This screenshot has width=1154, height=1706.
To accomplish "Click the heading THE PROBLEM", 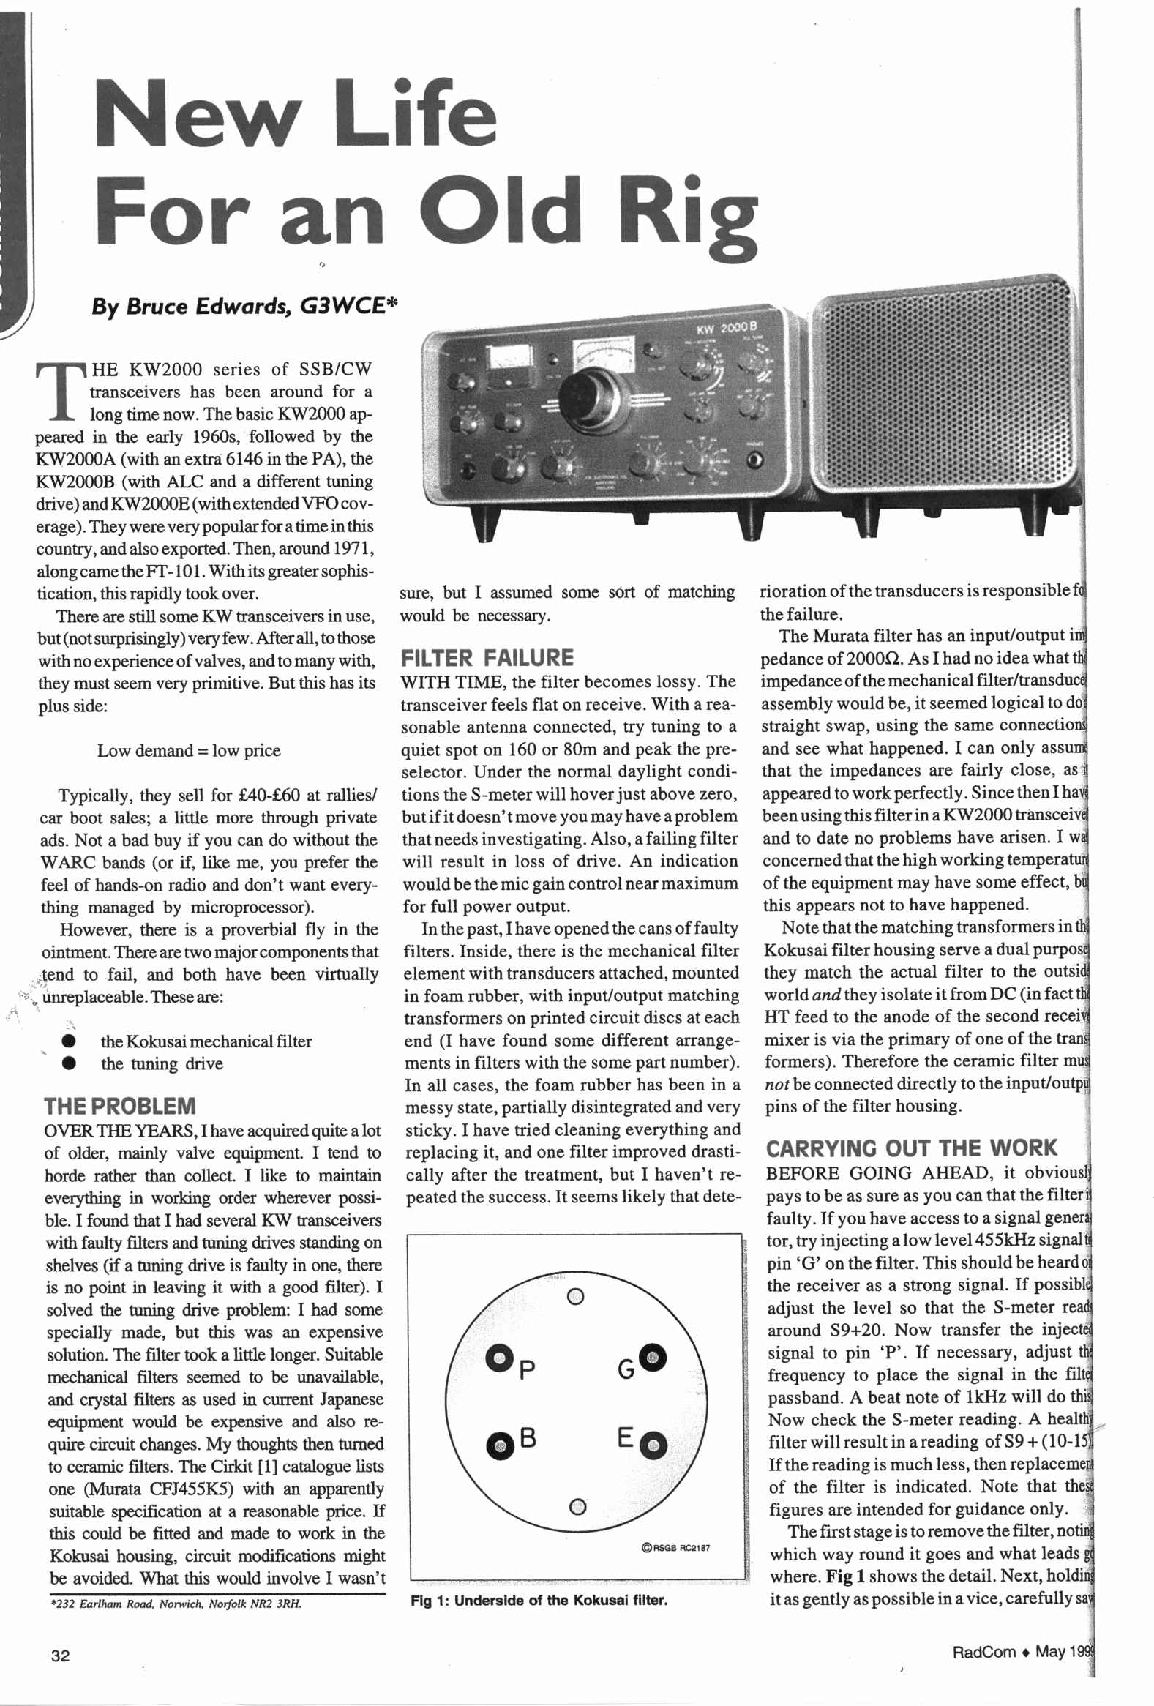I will [120, 1107].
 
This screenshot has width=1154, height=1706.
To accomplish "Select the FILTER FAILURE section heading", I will [487, 657].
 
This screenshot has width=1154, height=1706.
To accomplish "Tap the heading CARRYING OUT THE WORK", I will [911, 1148].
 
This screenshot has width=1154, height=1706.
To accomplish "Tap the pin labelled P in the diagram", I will [500, 1358].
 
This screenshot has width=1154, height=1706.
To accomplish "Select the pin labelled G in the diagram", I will [653, 1356].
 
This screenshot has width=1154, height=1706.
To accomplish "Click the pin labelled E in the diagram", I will [653, 1447].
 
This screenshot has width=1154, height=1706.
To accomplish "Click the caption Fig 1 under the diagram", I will [539, 1601].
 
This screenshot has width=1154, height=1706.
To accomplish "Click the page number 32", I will [60, 1656].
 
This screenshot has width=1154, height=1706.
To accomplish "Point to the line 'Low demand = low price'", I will [189, 750].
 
